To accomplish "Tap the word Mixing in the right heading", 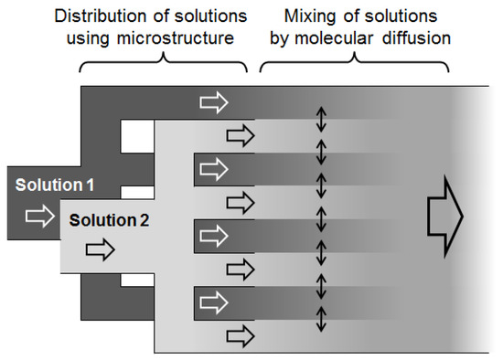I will (307, 17).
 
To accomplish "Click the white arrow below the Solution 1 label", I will (41, 216).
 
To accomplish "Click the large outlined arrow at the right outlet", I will (445, 217).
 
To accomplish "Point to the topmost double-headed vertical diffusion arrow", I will (320, 119).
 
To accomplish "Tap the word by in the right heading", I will (294, 39).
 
